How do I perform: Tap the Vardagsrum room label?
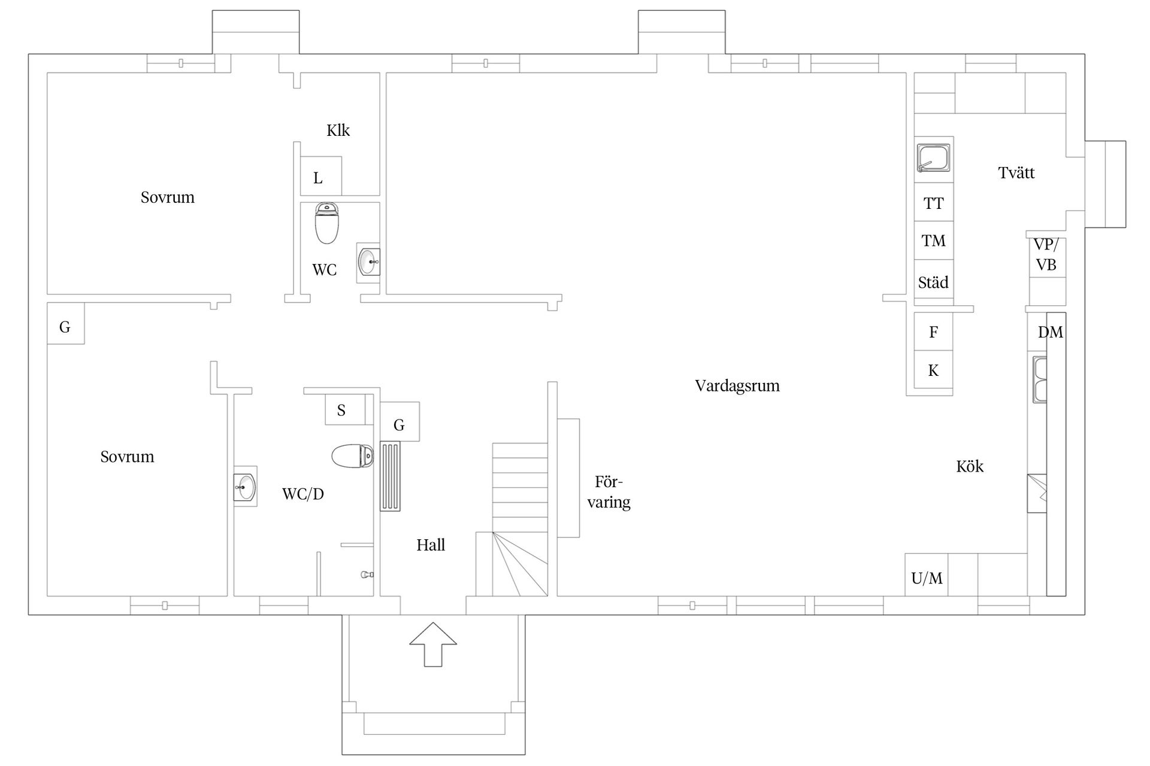click(x=737, y=386)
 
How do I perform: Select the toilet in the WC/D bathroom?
click(x=353, y=456)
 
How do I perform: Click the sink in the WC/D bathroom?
click(x=245, y=486)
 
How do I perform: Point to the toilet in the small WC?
click(x=326, y=223)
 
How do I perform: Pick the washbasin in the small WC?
click(x=368, y=262)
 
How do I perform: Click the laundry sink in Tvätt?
click(x=934, y=157)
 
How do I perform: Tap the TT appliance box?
click(x=934, y=202)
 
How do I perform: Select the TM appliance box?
click(x=934, y=241)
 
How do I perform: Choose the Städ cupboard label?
click(x=933, y=282)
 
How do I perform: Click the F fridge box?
click(x=934, y=332)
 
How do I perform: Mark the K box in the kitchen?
click(x=934, y=370)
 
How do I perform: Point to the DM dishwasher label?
click(x=1051, y=332)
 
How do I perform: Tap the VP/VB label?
click(x=1046, y=254)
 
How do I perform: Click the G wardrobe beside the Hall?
click(x=400, y=422)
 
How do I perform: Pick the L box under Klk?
click(x=320, y=176)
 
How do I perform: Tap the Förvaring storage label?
click(x=609, y=492)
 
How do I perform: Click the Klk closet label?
click(x=338, y=130)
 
